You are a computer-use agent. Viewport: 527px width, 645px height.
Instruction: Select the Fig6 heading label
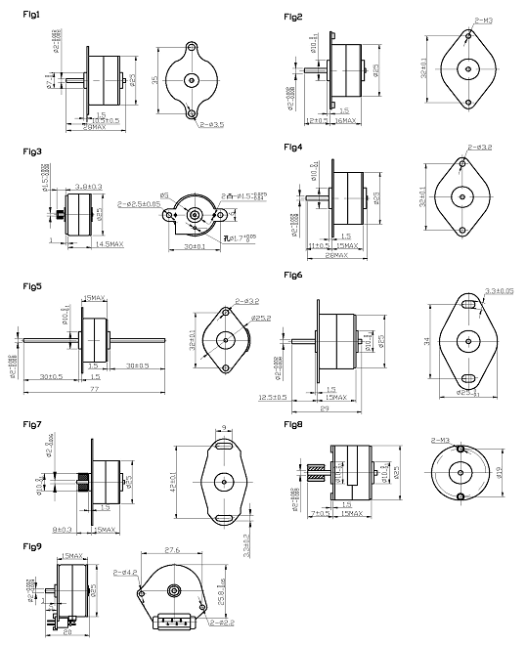click(293, 276)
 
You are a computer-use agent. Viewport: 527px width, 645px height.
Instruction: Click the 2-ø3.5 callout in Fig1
click(212, 125)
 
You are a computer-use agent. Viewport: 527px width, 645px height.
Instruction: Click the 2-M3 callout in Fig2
click(484, 20)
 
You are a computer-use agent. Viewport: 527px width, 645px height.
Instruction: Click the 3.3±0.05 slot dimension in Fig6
click(500, 291)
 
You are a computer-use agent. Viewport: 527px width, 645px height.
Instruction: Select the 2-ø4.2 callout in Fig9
click(126, 572)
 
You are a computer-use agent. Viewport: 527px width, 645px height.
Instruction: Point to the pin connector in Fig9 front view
click(175, 623)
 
